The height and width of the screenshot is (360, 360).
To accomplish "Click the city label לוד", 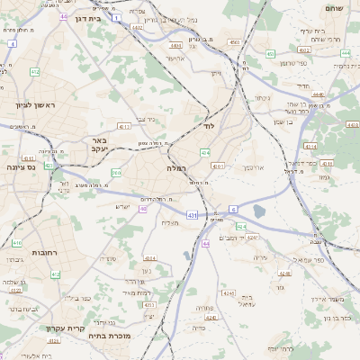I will (x=209, y=127).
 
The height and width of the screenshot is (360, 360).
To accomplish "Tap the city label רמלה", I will (x=175, y=168).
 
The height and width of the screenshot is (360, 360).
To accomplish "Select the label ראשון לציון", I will (x=35, y=105).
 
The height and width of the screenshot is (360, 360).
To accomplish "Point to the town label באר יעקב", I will (x=99, y=145).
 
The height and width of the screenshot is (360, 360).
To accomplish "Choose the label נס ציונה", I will (x=20, y=166).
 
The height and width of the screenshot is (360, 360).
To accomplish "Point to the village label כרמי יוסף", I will (x=280, y=348).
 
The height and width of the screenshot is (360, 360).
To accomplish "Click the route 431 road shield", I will (x=192, y=215).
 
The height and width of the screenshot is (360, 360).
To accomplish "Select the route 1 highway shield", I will (x=117, y=17).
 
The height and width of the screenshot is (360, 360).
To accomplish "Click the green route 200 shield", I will (x=116, y=173).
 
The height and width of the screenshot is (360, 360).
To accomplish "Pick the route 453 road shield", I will (x=233, y=41).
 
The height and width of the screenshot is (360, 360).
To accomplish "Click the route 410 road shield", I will (x=17, y=243).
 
